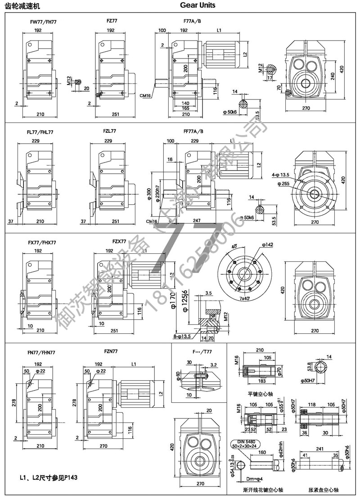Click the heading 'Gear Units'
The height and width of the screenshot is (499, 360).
pyautogui.click(x=198, y=5)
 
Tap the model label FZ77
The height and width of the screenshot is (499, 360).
pyautogui.click(x=111, y=21)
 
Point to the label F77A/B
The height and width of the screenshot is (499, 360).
pyautogui.click(x=193, y=21)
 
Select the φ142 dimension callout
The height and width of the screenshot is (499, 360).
pyautogui.click(x=266, y=245)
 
